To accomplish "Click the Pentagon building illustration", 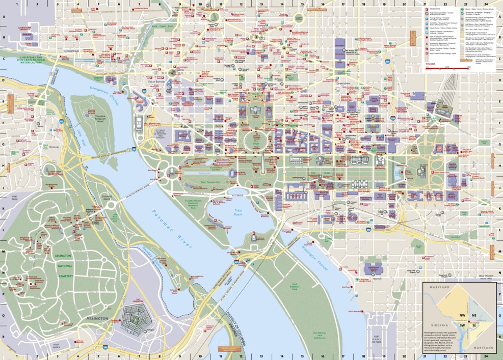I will coord(133,318).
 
